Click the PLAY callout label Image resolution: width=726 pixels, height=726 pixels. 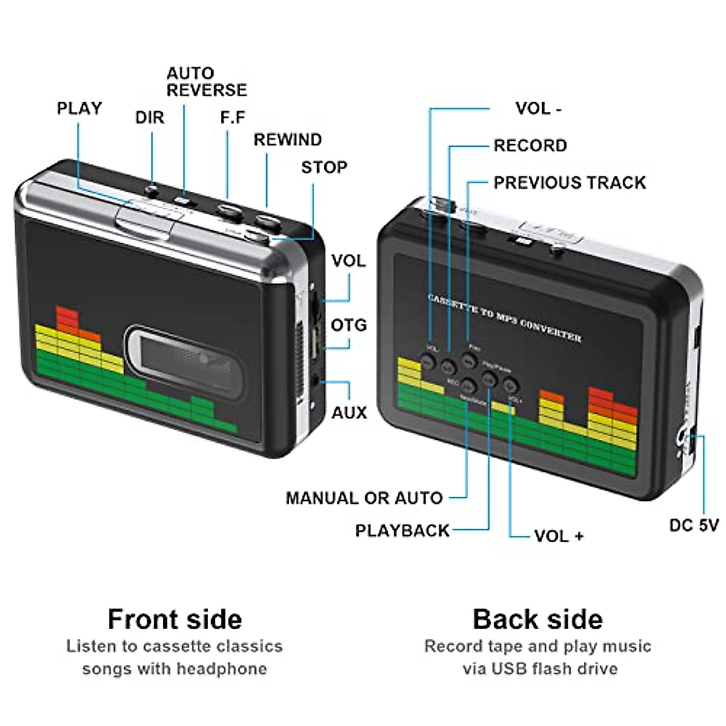79,108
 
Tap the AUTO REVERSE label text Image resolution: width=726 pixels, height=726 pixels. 206,82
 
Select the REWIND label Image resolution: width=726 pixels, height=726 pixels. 287,140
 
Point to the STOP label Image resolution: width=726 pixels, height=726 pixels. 324,167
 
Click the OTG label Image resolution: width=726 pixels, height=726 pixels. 348,325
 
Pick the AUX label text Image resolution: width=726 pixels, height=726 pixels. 349,413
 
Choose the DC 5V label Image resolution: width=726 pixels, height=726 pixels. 694,525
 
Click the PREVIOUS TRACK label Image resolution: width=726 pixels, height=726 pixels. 569,183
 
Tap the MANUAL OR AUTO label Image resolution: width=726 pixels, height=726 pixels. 364,498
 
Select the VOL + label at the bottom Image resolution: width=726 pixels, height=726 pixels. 558,536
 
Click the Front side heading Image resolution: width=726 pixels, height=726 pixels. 175,619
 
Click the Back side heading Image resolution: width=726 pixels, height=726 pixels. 537,619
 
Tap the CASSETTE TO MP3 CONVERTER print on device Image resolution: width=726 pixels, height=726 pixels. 505,317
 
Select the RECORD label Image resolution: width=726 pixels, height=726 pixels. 530,146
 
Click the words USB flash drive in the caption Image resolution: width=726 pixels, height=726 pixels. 554,669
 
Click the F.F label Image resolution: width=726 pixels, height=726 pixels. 232,117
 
